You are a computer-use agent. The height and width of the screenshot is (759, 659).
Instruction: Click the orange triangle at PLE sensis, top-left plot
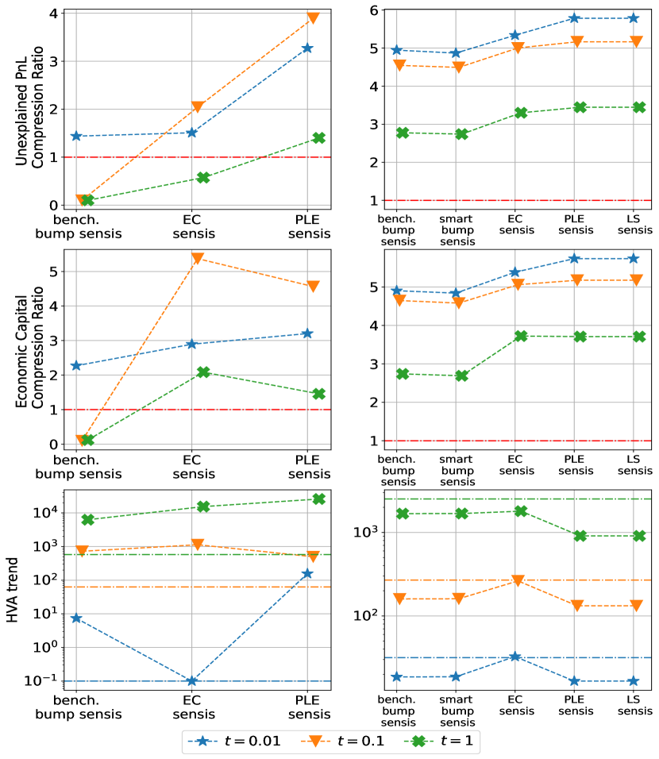pyautogui.click(x=313, y=17)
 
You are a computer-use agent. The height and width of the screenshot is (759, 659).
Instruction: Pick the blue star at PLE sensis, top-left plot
pyautogui.click(x=306, y=48)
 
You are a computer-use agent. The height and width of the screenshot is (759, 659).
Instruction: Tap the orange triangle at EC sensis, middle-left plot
pyautogui.click(x=198, y=259)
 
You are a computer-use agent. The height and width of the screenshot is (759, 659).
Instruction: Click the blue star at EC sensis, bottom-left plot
pyautogui.click(x=191, y=681)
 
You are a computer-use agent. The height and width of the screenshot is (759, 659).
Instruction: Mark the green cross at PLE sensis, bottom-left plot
pyautogui.click(x=318, y=499)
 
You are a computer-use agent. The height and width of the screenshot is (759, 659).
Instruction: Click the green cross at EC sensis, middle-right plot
pyautogui.click(x=521, y=336)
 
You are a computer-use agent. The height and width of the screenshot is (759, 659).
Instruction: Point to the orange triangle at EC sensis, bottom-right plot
pyautogui.click(x=515, y=581)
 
